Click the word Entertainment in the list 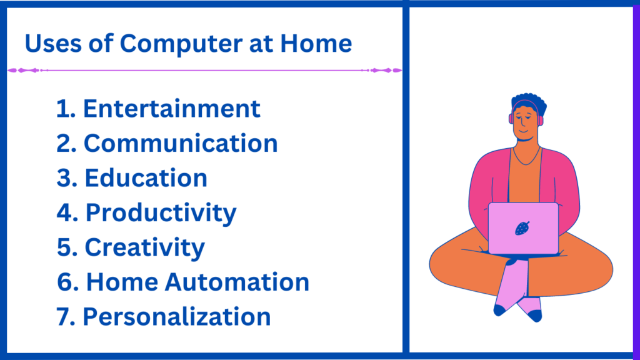coord(171,109)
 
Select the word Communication coord(181,144)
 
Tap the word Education coord(146,178)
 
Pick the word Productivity coord(161,213)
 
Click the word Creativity coord(144,247)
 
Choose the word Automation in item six coord(237,282)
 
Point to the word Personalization coord(177,317)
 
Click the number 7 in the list coord(63,317)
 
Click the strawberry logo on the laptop coord(522,228)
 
